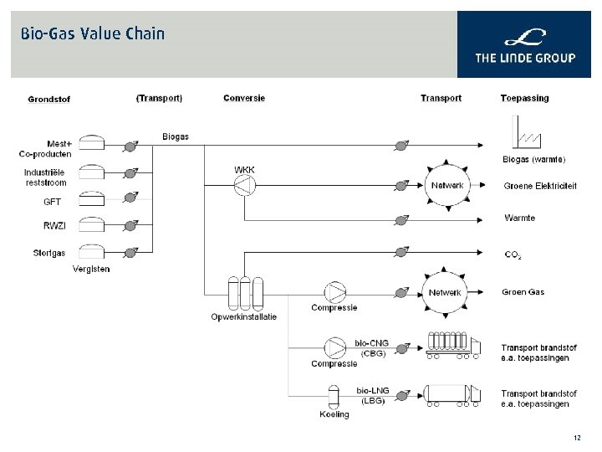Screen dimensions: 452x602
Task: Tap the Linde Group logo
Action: (x=524, y=47)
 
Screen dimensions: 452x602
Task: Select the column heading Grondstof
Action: (x=48, y=99)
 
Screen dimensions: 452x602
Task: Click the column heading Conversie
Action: (x=244, y=98)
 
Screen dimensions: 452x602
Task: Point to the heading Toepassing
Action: (x=524, y=98)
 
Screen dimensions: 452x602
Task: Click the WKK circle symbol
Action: (x=244, y=187)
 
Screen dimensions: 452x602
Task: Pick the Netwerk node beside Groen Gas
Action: (x=445, y=292)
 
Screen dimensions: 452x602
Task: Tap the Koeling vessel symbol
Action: (x=334, y=396)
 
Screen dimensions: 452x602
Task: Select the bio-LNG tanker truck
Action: (x=452, y=394)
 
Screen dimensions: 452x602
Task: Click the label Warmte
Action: (x=519, y=218)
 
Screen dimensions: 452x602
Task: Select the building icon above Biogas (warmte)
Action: (x=524, y=132)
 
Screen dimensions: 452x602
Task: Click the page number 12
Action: (x=577, y=438)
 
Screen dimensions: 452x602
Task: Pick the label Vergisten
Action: (x=91, y=269)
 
